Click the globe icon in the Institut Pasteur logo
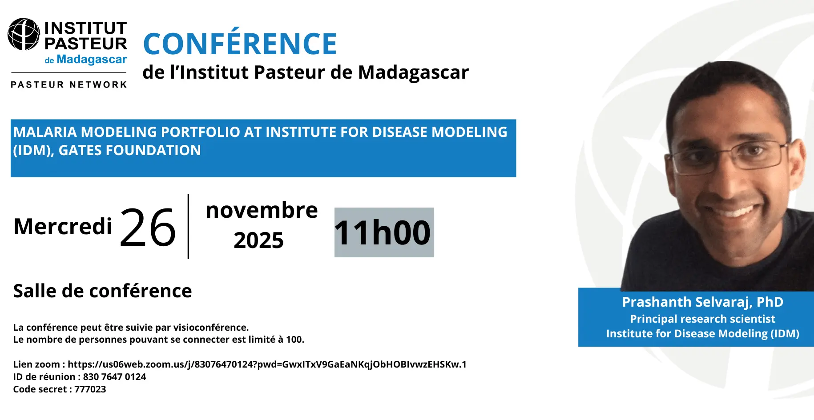[x=24, y=34]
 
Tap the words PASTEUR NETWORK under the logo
[x=69, y=84]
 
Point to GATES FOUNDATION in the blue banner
[x=130, y=150]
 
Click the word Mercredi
[x=63, y=226]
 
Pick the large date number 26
[x=148, y=228]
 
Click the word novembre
[x=262, y=210]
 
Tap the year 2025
[x=258, y=240]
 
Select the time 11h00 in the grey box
[x=383, y=232]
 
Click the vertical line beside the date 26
[x=189, y=226]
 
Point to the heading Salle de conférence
[x=103, y=291]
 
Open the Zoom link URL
[x=267, y=364]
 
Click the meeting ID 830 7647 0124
[x=114, y=377]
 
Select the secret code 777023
[x=90, y=389]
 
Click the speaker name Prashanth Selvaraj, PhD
[x=703, y=302]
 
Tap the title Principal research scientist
[x=703, y=319]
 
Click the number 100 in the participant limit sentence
[x=294, y=340]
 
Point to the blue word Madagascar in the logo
[x=92, y=59]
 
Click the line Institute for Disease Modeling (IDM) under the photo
[x=703, y=334]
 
